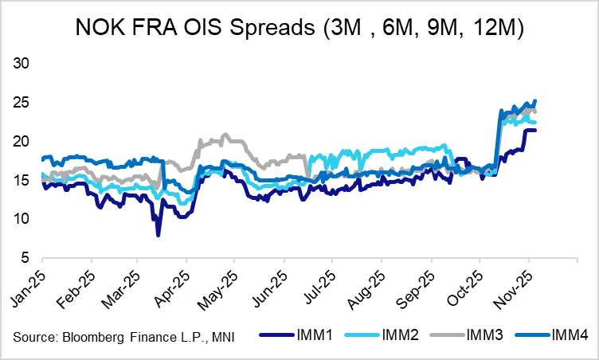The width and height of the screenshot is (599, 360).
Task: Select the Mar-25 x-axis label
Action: click(x=123, y=283)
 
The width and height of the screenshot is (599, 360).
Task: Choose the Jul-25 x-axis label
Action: click(x=319, y=283)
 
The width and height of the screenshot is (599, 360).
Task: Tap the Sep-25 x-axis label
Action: click(x=417, y=283)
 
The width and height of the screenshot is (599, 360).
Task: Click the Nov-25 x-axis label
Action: click(x=514, y=283)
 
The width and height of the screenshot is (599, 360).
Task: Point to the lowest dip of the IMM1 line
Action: click(x=158, y=235)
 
